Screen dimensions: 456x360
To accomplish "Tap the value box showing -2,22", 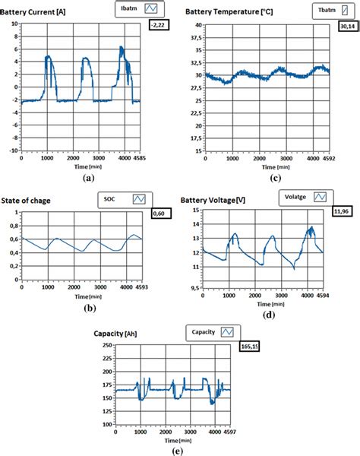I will click(160, 26).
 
